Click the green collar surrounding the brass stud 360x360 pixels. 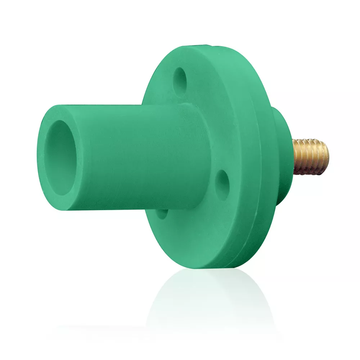click(x=284, y=158)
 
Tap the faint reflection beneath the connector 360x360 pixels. click(x=202, y=302)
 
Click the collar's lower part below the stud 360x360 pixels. click(x=284, y=187)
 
